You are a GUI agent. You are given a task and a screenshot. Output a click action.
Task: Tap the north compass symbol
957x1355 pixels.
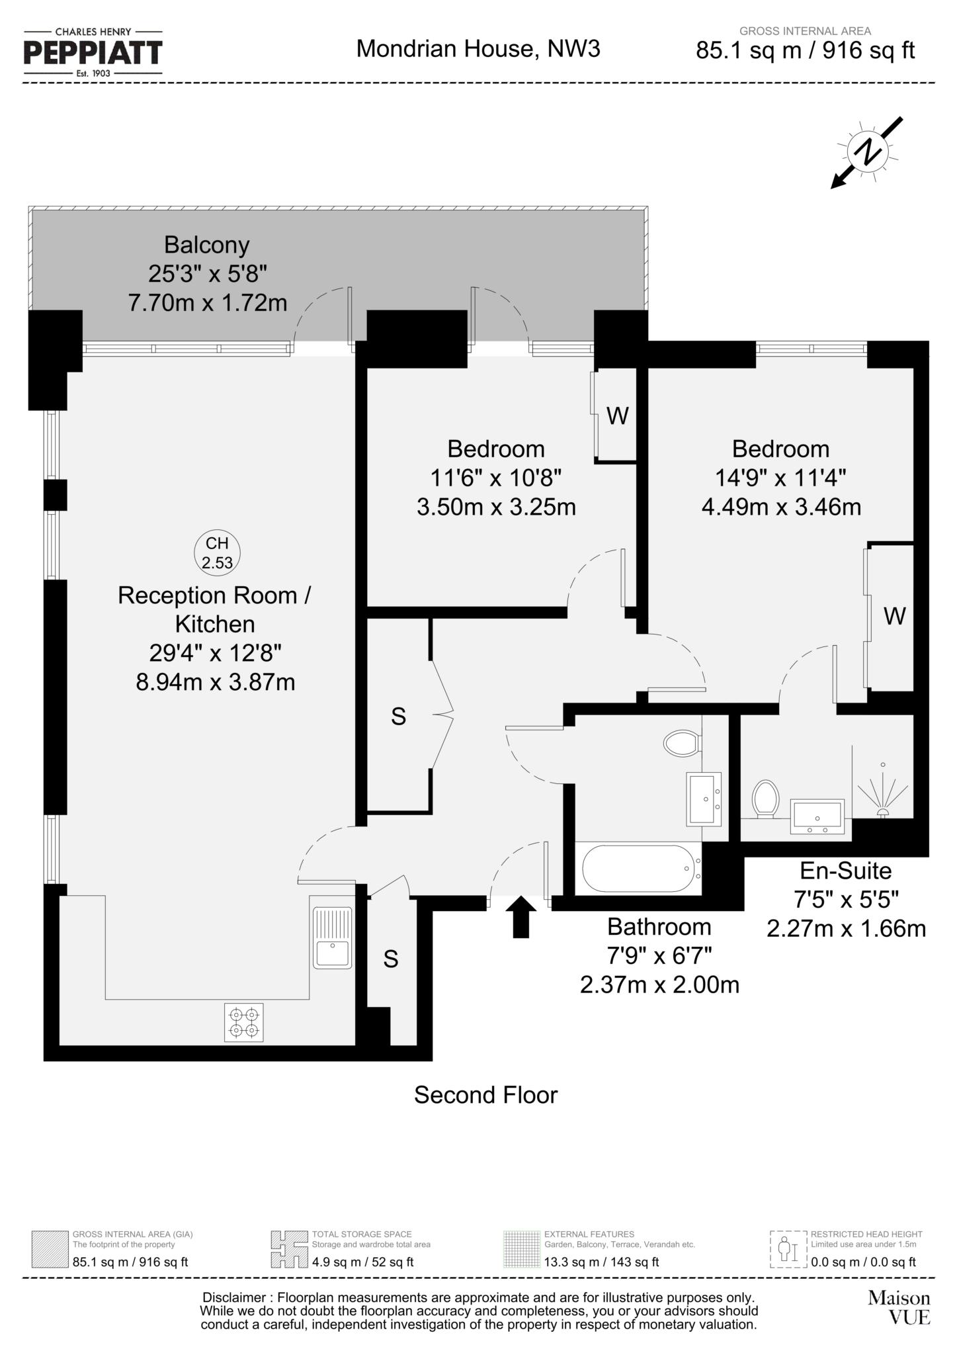coord(867,152)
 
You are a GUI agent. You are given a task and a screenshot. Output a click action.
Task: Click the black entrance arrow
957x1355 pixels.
coord(522,916)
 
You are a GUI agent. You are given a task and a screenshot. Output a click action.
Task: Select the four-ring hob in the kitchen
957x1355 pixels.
coord(244,1022)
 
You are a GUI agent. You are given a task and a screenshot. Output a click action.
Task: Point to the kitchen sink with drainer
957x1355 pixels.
coord(332,938)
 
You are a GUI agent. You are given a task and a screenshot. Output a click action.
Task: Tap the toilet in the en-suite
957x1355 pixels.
coord(765,799)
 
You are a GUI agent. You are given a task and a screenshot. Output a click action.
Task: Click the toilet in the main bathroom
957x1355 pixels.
coord(682,743)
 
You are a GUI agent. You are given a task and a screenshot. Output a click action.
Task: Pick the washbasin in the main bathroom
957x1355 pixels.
coord(703,799)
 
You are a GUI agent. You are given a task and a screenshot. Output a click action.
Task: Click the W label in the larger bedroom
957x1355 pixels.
coord(894,617)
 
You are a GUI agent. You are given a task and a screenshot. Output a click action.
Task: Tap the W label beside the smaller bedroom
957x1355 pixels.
coord(617,416)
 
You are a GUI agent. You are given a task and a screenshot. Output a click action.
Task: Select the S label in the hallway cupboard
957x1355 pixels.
coord(398,717)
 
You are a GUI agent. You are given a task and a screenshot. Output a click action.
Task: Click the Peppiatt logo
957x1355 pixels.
coord(93,52)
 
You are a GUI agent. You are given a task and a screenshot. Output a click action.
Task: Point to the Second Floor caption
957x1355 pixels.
coord(485,1095)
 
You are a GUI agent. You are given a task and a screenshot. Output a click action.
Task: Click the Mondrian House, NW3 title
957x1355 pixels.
coord(478,49)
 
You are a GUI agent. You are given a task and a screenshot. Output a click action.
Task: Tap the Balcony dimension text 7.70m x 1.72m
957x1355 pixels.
coord(207,303)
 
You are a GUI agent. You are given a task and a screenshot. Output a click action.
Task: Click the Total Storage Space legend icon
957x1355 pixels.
coord(289,1249)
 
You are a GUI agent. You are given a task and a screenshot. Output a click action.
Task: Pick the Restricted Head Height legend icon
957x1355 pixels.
coord(788,1249)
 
